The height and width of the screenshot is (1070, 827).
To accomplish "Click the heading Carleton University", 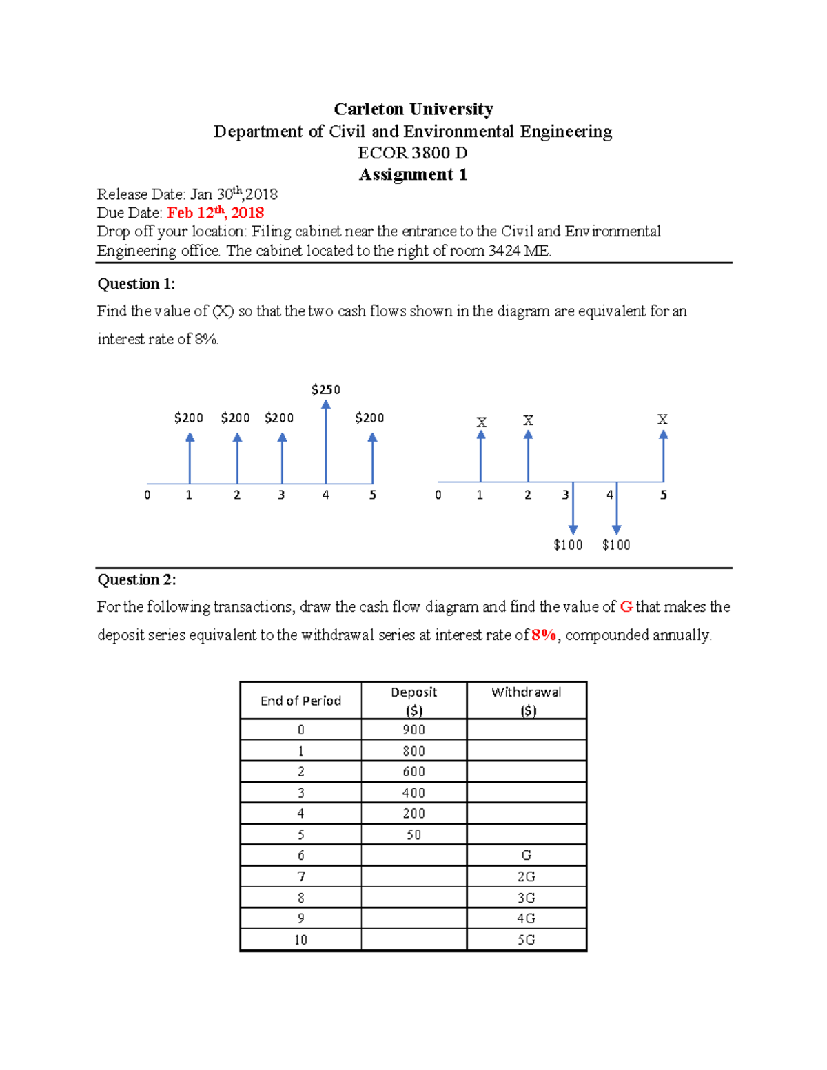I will tap(413, 109).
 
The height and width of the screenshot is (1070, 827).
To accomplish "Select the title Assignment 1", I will tap(413, 174).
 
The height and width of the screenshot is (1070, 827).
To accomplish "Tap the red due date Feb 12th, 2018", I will tap(215, 212).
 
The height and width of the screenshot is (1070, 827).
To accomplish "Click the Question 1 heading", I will tap(136, 284).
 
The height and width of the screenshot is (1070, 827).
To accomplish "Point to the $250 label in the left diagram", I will tap(325, 390).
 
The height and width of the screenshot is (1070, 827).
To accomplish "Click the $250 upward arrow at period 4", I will tap(326, 441).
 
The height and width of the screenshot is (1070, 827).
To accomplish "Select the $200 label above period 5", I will tap(369, 418).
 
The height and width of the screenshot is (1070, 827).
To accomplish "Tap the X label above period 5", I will tap(662, 420).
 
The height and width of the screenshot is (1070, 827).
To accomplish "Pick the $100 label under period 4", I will tap(615, 545).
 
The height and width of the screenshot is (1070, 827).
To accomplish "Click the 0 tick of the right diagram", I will tap(438, 495).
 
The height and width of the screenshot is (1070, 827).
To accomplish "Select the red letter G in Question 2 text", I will tap(626, 607).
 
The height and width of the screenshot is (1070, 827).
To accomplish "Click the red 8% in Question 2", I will tap(544, 635).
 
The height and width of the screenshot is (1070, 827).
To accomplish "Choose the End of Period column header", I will tap(300, 701).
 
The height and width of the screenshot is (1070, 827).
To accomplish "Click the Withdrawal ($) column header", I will tap(527, 701).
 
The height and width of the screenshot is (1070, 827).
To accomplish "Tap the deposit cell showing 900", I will tap(413, 730).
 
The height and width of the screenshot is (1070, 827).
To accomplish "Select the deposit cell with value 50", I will tap(413, 834).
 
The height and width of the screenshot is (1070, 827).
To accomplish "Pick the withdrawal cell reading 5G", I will tap(527, 940).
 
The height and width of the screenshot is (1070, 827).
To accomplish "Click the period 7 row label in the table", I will tap(300, 876).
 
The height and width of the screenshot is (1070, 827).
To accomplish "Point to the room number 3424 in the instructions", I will tap(504, 251).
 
